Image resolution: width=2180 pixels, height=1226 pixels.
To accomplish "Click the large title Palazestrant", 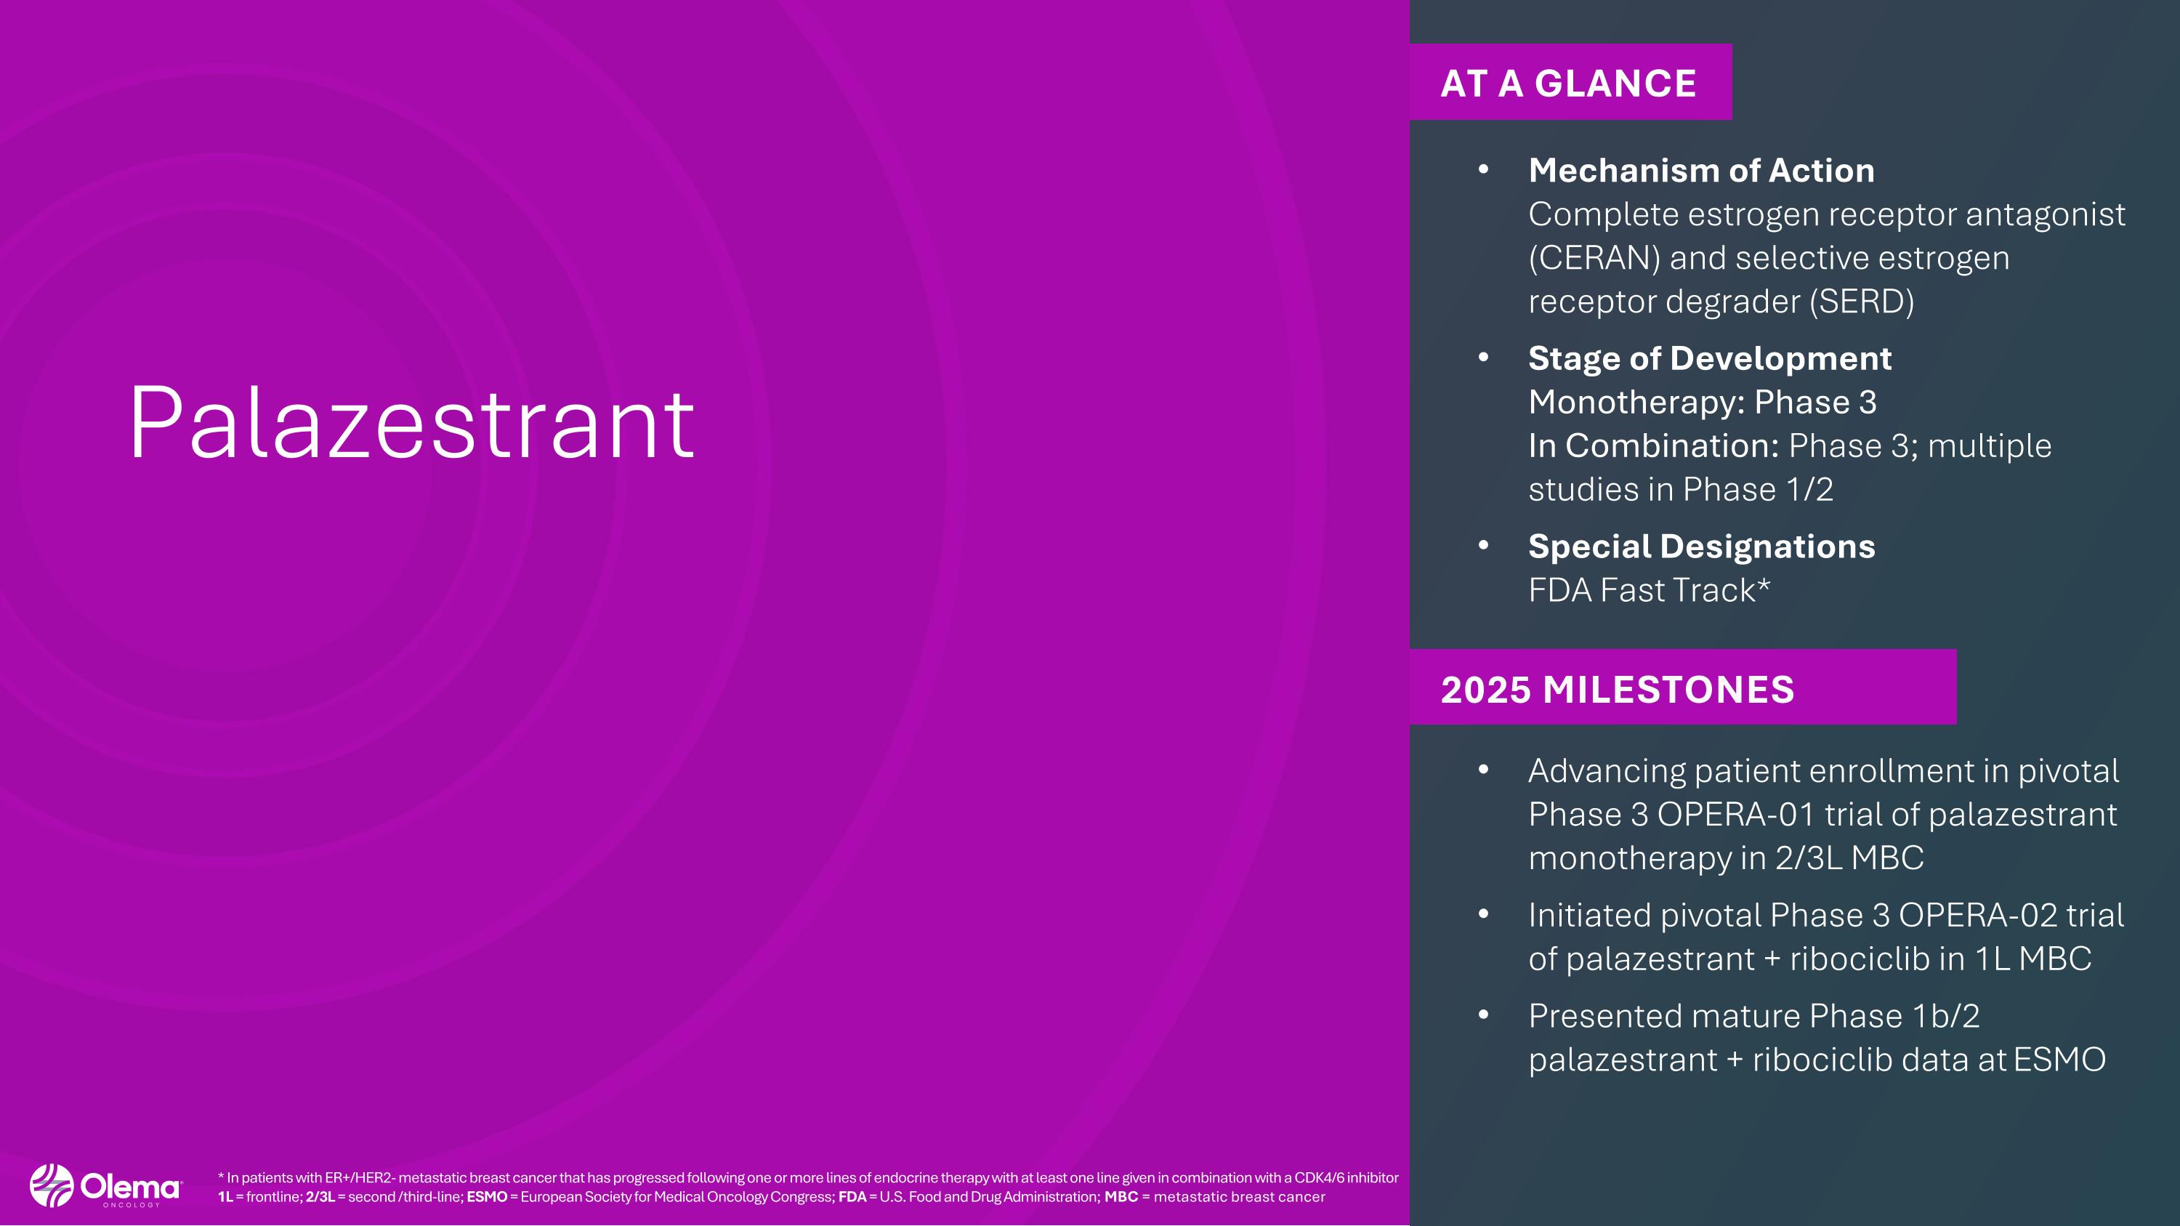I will click(x=411, y=423).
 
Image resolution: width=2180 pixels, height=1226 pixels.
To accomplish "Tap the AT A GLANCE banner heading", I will click(x=1568, y=84).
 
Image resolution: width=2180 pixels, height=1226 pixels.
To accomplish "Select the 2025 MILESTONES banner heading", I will click(x=1618, y=690).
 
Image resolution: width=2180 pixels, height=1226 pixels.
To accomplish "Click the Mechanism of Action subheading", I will click(x=1701, y=171).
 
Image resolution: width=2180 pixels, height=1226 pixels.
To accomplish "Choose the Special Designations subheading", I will click(x=1701, y=547).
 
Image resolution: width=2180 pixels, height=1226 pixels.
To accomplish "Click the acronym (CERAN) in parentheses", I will click(x=1594, y=258).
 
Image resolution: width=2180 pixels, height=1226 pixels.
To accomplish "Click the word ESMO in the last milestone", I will click(x=2059, y=1060).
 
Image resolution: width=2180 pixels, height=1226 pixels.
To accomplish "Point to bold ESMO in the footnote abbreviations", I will click(x=487, y=1197).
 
